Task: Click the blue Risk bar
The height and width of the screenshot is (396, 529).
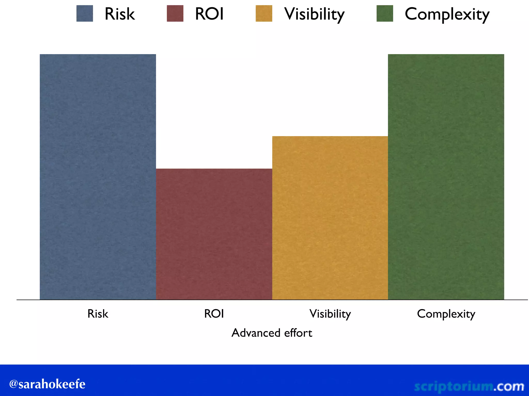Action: coord(98,177)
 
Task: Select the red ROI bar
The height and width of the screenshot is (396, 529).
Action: coord(214,234)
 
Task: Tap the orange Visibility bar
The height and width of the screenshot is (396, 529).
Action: coord(330,218)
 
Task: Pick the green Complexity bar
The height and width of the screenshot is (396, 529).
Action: coord(446,177)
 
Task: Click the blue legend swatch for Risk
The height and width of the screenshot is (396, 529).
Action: coord(85,13)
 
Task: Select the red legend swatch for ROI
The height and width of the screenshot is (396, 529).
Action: coord(175,13)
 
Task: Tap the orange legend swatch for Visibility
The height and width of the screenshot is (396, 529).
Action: coord(264,13)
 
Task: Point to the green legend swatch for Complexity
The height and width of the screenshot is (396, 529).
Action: coord(385,13)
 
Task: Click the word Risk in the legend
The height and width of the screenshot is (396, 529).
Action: coord(120,14)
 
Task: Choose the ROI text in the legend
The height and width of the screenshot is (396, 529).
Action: coord(209,14)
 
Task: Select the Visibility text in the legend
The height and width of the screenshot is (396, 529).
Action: coord(314,14)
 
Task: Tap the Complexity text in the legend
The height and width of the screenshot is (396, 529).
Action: coord(447,14)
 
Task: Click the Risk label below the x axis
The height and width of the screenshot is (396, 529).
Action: coord(98,314)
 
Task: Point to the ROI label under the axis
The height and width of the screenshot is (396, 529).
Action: coord(214,314)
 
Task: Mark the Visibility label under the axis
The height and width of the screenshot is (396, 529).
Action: coord(330,314)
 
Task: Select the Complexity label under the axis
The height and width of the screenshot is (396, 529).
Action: coord(446,314)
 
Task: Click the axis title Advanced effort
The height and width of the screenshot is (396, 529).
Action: coord(272,333)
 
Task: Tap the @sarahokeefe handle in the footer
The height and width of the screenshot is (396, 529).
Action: coord(47,384)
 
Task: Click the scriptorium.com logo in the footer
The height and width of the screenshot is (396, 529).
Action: coord(469,386)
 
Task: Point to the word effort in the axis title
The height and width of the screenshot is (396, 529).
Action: coord(298,333)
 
